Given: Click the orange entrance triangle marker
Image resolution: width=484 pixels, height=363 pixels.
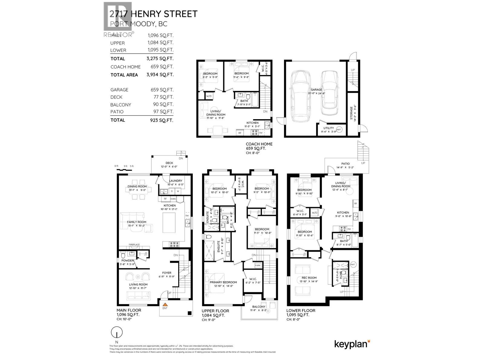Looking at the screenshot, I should point(165,305).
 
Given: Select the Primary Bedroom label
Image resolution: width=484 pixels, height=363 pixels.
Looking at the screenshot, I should point(223,282).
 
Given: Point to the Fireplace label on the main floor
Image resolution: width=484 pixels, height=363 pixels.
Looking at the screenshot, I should point(134,244).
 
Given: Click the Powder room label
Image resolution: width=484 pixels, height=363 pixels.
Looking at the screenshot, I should point(127,260).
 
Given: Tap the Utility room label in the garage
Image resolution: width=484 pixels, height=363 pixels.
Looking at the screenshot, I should point(329,128).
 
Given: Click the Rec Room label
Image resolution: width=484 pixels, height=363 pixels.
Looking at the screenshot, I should point(309,278).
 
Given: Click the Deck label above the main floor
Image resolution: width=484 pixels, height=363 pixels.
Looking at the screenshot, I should point(169,163).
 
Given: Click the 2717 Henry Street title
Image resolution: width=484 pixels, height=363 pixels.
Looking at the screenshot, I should point(153,14).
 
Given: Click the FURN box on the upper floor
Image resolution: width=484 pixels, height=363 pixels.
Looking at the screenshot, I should point(258,266).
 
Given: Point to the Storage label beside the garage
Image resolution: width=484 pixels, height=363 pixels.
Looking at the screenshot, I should point(351,113).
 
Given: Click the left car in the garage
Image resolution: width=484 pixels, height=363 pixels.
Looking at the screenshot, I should point(300,94).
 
